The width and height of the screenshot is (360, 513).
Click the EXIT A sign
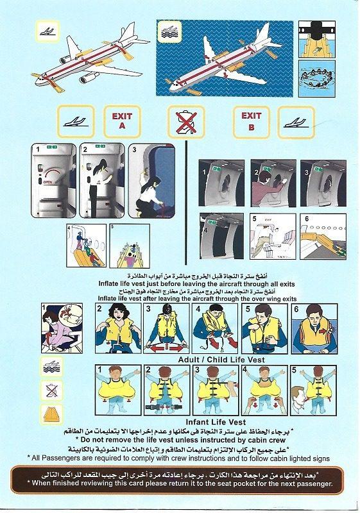tap(123, 121)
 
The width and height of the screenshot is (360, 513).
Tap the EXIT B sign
tap(251, 121)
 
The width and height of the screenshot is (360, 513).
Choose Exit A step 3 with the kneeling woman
tap(156, 181)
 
